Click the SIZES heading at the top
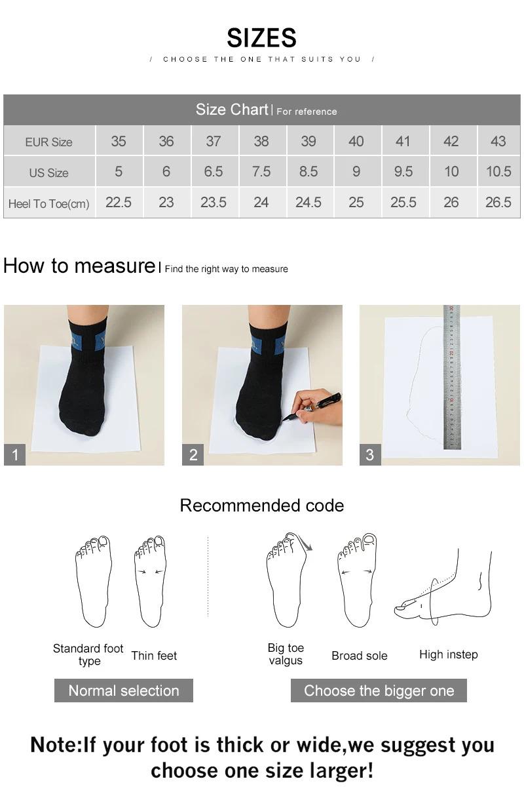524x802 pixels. (x=261, y=38)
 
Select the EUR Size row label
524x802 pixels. (x=48, y=142)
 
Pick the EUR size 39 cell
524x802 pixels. (x=308, y=141)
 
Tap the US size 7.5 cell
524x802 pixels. (x=261, y=172)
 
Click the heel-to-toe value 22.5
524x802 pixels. (x=119, y=203)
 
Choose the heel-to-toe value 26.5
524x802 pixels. (x=498, y=203)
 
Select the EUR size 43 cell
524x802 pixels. (x=498, y=141)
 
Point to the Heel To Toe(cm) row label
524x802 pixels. (x=48, y=204)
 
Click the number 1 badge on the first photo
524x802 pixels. (x=14, y=454)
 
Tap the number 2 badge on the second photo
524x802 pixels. (x=193, y=454)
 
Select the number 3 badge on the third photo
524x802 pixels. (x=370, y=454)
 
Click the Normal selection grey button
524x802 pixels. (x=123, y=691)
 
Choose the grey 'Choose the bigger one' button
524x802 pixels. (x=379, y=691)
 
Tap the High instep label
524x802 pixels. (x=448, y=654)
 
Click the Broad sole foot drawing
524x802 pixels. (x=358, y=581)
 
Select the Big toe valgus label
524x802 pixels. (x=286, y=654)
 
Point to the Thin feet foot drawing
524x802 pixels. (x=150, y=581)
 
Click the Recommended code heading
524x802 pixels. (x=261, y=506)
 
